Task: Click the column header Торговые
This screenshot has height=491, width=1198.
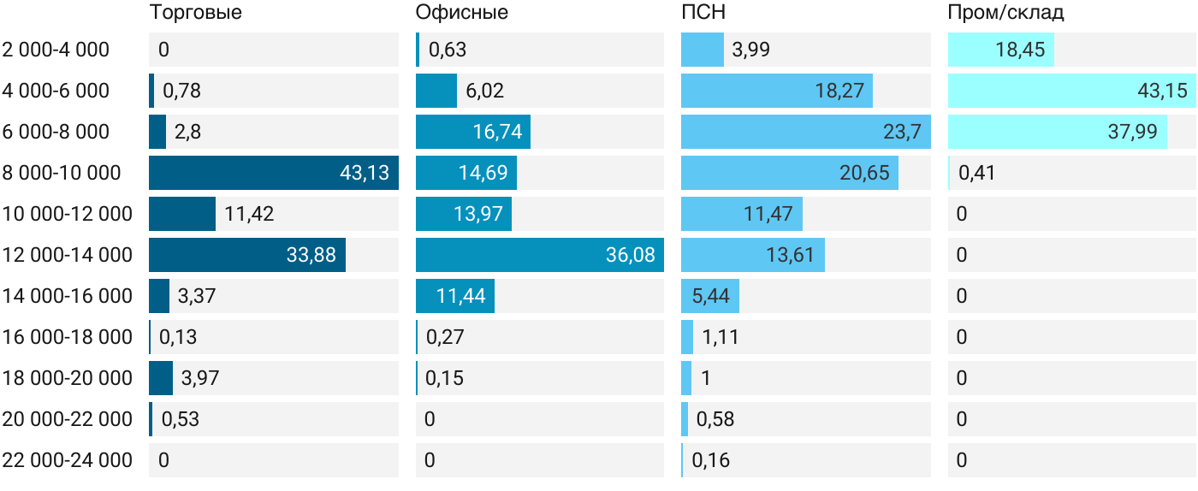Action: pyautogui.click(x=196, y=12)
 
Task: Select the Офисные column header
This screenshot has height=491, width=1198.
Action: pyautogui.click(x=461, y=12)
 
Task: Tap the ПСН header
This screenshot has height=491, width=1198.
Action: pyautogui.click(x=703, y=12)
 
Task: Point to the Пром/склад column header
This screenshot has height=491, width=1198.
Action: pyautogui.click(x=1005, y=12)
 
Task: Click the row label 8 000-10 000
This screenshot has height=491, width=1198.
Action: pyautogui.click(x=62, y=173)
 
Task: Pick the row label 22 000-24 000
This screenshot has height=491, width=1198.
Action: pyautogui.click(x=68, y=460)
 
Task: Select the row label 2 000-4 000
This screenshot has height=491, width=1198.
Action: pyautogui.click(x=56, y=50)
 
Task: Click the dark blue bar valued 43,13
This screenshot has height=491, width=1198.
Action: pyautogui.click(x=274, y=173)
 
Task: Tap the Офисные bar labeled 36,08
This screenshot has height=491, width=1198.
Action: pyautogui.click(x=540, y=255)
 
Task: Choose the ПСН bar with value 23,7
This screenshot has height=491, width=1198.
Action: pyautogui.click(x=806, y=132)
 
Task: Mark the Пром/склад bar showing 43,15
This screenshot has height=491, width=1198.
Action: pyautogui.click(x=1071, y=91)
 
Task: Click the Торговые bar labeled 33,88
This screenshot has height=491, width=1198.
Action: pyautogui.click(x=247, y=255)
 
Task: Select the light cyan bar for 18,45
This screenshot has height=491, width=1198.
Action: pyautogui.click(x=1001, y=50)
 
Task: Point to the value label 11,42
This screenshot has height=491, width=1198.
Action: pyautogui.click(x=249, y=214)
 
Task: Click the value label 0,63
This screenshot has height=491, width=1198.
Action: pyautogui.click(x=448, y=50)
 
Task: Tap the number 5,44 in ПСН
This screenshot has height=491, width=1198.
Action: pyautogui.click(x=711, y=296)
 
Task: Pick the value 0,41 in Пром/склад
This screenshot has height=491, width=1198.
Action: pyautogui.click(x=976, y=173)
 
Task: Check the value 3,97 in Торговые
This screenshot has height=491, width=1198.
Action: pyautogui.click(x=200, y=378)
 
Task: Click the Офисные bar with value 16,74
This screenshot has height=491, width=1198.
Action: pyautogui.click(x=473, y=132)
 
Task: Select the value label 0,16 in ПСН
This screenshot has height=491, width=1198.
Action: pyautogui.click(x=711, y=460)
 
